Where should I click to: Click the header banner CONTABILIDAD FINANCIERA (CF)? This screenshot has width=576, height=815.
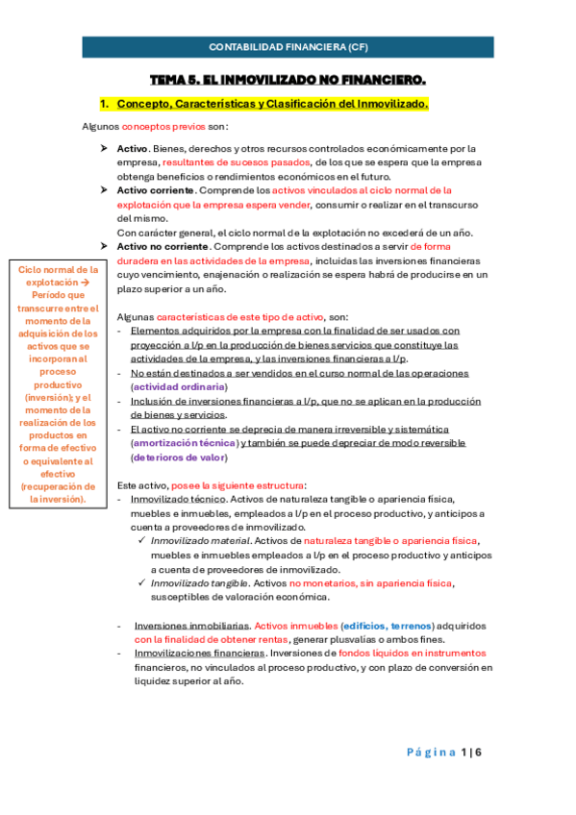pos(288,46)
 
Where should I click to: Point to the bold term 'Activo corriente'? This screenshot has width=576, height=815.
pos(149,190)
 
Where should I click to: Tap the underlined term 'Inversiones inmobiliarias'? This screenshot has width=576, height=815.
pos(192,626)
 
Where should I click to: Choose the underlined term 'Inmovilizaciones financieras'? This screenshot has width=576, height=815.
pos(197,654)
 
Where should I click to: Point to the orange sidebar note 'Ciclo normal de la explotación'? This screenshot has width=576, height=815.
pos(59,279)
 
